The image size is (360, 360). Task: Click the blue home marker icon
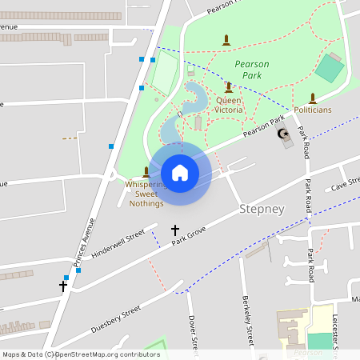180,172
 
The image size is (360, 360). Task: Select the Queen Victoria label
229,105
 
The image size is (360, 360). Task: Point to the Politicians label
313,110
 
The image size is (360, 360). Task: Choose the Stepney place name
262,209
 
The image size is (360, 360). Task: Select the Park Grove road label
187,239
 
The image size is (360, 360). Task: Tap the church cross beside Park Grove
175,230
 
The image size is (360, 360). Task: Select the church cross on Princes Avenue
63,286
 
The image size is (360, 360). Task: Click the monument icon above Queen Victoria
228,86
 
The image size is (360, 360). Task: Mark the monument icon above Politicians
313,98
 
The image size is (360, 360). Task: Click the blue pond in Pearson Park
192,104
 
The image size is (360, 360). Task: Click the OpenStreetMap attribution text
80,354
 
